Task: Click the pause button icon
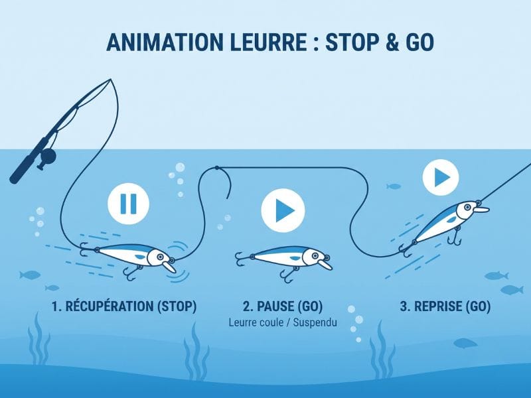click(x=128, y=204)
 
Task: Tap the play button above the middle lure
click(x=283, y=210)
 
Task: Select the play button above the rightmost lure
click(x=441, y=177)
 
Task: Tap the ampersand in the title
click(x=382, y=42)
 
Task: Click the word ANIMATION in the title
click(x=165, y=42)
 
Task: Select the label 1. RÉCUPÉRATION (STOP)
click(x=124, y=306)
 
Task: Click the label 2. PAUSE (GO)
click(x=283, y=306)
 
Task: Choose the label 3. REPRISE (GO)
click(x=445, y=306)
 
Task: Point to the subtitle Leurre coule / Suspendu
click(x=283, y=322)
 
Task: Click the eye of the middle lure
click(x=315, y=255)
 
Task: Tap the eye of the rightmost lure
click(x=467, y=206)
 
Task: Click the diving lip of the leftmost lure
click(x=169, y=267)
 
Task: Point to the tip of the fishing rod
click(x=111, y=80)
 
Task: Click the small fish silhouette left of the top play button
click(x=394, y=186)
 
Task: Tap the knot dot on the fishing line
click(x=217, y=168)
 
